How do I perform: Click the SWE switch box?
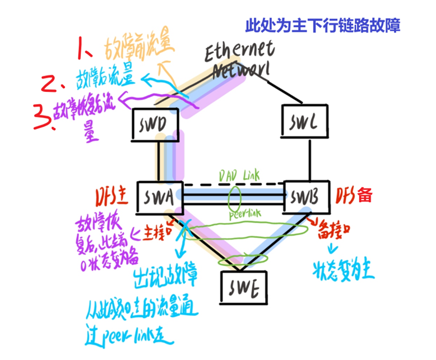pos(243,286)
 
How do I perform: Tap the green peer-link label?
pos(244,214)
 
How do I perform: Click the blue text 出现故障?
pos(165,275)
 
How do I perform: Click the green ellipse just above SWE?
pos(235,261)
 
